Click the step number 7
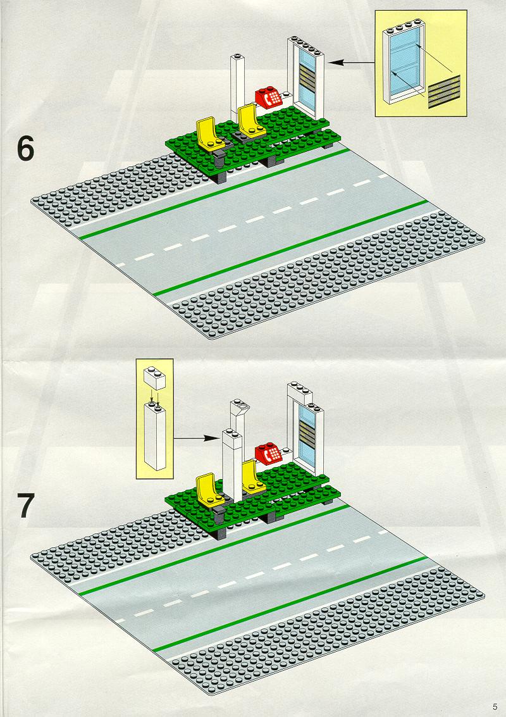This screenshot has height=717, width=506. pos(25,506)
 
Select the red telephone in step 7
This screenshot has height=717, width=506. pos(269,454)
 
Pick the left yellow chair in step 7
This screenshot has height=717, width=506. pos(209,490)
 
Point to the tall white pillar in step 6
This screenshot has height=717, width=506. pos(238,85)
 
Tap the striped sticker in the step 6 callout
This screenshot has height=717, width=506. pos(444,92)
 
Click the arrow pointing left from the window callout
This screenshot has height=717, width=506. pos(350,63)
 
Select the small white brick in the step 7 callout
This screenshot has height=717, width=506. pos(154,379)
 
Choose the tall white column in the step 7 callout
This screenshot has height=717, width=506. pos(154,435)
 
